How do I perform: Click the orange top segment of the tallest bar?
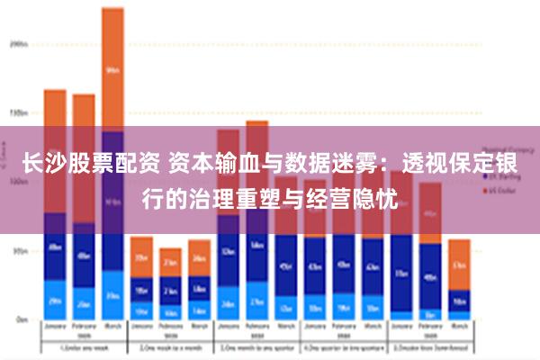112,67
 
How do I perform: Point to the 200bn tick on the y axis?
19,42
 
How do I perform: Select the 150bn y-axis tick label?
19,112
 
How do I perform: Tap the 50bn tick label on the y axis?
19,251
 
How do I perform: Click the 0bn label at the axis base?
21,319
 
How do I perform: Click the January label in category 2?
141,327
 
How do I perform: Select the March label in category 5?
459,327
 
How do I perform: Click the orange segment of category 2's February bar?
170,262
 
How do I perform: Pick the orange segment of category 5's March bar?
459,264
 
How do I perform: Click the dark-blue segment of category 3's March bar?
286,266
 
